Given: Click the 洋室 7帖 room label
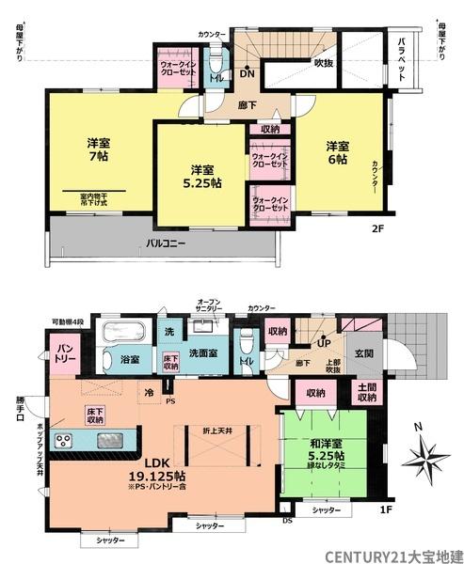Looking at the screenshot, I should click(x=95, y=150).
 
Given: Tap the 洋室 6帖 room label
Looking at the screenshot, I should click(x=338, y=153).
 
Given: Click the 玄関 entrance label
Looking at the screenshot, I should click(x=363, y=353).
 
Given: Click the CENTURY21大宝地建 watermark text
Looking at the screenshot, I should click(x=394, y=555).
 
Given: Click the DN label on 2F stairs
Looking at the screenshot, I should click(x=246, y=73).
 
